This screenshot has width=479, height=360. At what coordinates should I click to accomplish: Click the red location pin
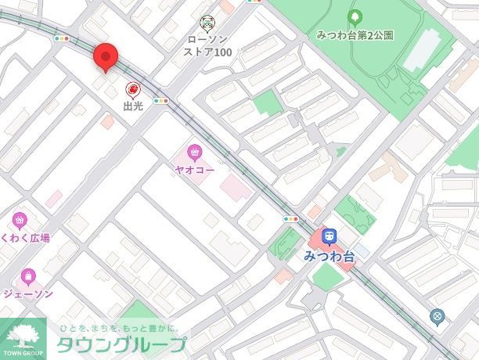tap(106, 57)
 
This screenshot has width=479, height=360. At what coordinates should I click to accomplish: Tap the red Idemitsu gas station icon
tap(133, 90)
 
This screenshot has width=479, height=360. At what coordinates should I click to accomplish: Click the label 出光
tap(133, 106)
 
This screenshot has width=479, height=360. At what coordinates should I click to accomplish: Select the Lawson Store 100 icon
tap(207, 22)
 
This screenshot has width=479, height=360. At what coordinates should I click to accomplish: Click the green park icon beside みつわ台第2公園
tap(355, 16)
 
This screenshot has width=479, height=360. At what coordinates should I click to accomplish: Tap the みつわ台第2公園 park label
tap(355, 35)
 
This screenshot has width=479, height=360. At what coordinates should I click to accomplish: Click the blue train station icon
tap(330, 236)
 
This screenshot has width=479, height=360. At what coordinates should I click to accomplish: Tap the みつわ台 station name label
tap(330, 254)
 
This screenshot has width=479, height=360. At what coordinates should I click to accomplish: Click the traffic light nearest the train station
tap(292, 220)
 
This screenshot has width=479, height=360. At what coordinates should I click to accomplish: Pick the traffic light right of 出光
tap(161, 100)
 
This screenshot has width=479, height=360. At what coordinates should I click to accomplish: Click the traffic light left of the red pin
tap(61, 38)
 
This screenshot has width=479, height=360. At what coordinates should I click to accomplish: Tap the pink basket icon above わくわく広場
tap(20, 220)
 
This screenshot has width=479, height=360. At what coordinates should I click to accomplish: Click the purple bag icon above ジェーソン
tap(28, 275)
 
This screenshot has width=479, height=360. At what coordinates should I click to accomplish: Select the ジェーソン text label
tap(28, 293)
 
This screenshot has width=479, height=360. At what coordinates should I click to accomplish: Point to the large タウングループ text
tap(121, 345)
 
